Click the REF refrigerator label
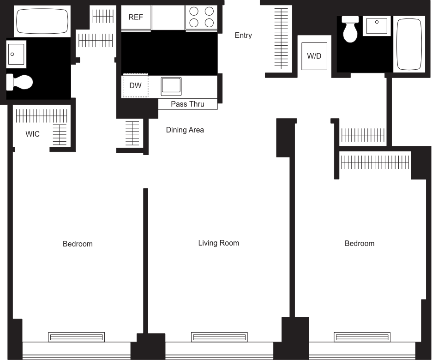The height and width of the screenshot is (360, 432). click(x=136, y=18)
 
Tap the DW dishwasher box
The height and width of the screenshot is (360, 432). click(x=135, y=85)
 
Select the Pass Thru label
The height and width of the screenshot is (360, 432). click(x=187, y=104)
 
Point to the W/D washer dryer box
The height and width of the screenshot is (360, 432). click(x=314, y=56)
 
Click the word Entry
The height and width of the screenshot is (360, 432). click(x=243, y=36)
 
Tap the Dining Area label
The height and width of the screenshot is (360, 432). click(x=185, y=130)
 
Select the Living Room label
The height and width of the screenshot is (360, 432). click(x=218, y=243)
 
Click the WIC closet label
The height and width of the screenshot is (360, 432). click(x=32, y=134)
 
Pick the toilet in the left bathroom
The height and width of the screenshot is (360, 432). click(x=20, y=83)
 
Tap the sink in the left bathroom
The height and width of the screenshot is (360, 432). click(x=16, y=54)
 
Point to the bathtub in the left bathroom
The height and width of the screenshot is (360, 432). click(x=42, y=20)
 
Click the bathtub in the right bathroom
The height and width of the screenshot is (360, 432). click(x=409, y=44)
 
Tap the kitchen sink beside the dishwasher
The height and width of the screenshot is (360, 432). click(x=171, y=86)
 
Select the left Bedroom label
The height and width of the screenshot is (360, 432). click(x=78, y=244)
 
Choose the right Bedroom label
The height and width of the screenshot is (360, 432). click(x=360, y=243)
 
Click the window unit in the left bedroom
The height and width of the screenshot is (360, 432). click(x=77, y=337)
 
